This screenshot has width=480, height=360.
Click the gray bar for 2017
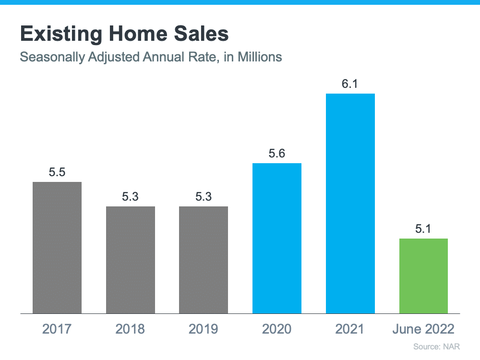tap(57, 248)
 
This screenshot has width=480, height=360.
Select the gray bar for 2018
tap(131, 260)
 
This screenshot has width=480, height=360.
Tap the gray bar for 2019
tap(204, 260)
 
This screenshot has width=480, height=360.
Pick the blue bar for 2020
tap(277, 238)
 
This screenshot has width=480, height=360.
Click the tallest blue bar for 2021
tap(350, 204)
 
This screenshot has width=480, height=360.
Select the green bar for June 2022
tap(423, 276)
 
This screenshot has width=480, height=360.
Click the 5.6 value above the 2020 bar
tap(277, 154)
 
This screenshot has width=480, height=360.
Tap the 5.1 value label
tap(423, 229)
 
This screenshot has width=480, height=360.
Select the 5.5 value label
tap(57, 172)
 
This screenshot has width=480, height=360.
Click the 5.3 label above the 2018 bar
tap(131, 197)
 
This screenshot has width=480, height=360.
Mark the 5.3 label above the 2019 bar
tap(204, 197)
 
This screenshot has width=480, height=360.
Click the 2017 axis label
tap(57, 329)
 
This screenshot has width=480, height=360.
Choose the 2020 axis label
tap(277, 329)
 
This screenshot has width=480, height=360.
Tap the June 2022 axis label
tap(423, 329)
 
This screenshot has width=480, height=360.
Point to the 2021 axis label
tap(350, 329)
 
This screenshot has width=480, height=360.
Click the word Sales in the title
tap(197, 35)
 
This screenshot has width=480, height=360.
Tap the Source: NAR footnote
tap(440, 347)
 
